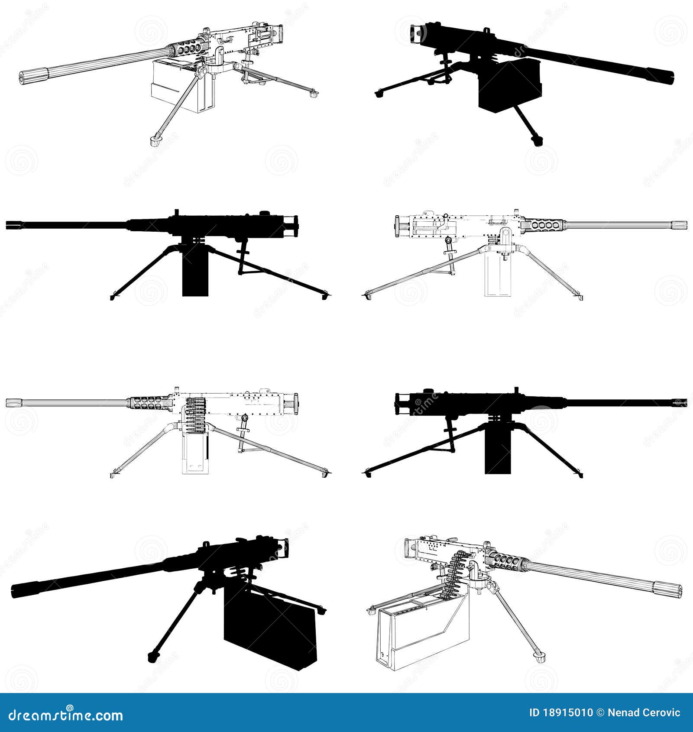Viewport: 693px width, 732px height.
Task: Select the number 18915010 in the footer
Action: pos(567,713)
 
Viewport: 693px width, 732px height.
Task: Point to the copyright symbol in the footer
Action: pos(600,713)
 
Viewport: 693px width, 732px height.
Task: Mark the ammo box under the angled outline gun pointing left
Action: pos(182,87)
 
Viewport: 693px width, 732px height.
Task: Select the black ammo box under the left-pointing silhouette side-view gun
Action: pos(195,273)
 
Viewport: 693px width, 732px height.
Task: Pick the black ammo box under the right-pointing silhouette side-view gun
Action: pos(498,450)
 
